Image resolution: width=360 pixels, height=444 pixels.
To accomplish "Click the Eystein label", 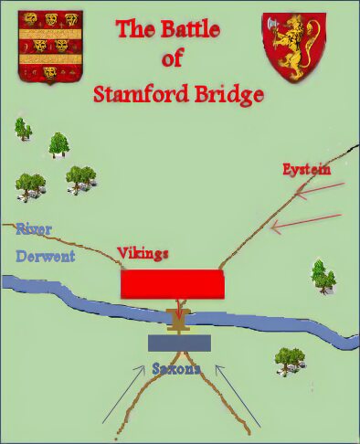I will point(305,169).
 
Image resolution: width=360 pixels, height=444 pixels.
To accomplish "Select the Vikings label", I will point(143,253).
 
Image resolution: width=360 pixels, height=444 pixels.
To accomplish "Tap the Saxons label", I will point(177,369).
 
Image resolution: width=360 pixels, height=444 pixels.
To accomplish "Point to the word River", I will point(33,229).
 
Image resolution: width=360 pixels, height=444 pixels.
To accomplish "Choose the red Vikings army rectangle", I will point(173,283).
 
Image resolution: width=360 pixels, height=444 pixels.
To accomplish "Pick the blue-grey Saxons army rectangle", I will point(180,343).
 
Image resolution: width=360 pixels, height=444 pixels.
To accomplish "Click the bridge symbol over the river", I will point(180,319).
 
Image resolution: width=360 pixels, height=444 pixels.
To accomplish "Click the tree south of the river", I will point(290,358).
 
